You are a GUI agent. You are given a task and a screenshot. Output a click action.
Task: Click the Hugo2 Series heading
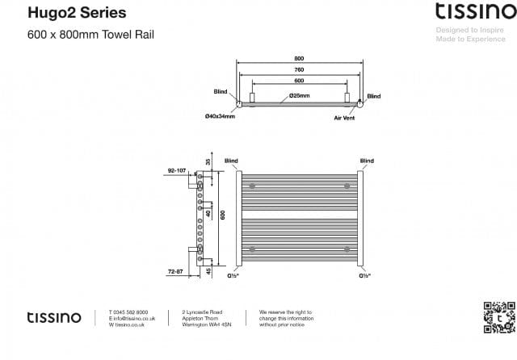pos(65,13)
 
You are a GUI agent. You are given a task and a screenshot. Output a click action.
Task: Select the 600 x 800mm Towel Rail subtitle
pos(90,35)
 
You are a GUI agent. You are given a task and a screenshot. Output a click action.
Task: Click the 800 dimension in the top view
pos(300,58)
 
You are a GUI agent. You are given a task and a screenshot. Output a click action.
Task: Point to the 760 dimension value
pos(300,69)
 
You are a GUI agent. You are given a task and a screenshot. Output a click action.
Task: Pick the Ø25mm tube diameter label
pos(301,96)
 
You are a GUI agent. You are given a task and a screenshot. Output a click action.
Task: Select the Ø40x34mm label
pos(220,116)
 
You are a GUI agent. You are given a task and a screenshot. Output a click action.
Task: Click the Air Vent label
pos(345,118)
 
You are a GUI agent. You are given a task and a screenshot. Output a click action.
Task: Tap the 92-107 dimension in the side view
pos(177,171)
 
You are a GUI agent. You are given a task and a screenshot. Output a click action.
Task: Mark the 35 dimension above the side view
pos(208,162)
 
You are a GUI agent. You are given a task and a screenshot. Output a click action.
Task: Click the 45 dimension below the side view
pos(208,271)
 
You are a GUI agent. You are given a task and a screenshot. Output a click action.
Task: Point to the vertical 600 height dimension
pos(223,214)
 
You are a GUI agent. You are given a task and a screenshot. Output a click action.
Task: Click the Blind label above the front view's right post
pos(367,161)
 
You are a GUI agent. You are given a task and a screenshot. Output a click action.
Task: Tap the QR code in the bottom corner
pos(498,316)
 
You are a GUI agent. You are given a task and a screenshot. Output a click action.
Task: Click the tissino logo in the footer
pos(54,317)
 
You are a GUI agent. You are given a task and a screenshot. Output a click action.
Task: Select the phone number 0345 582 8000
pos(129,312)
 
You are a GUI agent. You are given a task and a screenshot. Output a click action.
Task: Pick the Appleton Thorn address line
pos(200,318)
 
